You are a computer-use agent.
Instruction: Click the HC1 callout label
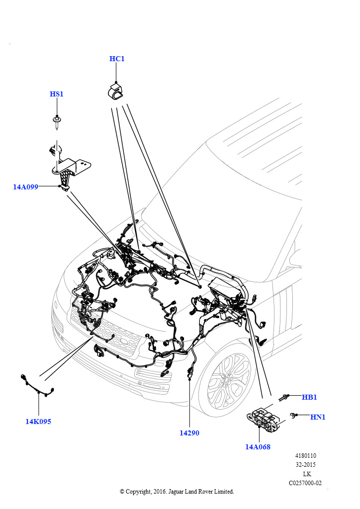tap(117, 59)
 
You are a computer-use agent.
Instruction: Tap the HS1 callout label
tap(57, 94)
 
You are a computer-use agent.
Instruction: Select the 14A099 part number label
tap(26, 187)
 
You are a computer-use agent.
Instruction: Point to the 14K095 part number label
tap(38, 422)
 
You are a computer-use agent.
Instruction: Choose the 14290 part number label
tap(189, 433)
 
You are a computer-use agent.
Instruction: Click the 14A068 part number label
tap(258, 447)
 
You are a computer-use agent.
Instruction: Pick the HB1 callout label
tap(309, 397)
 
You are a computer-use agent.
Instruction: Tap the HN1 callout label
tap(318, 417)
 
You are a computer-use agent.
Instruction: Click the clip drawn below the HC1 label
tap(116, 92)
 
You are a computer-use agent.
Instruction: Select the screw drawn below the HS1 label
tap(58, 122)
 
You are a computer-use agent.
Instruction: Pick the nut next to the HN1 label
tap(294, 415)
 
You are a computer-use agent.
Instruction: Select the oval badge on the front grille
tap(124, 341)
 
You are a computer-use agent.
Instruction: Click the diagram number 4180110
tap(305, 456)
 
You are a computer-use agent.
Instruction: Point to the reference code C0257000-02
tap(305, 483)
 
